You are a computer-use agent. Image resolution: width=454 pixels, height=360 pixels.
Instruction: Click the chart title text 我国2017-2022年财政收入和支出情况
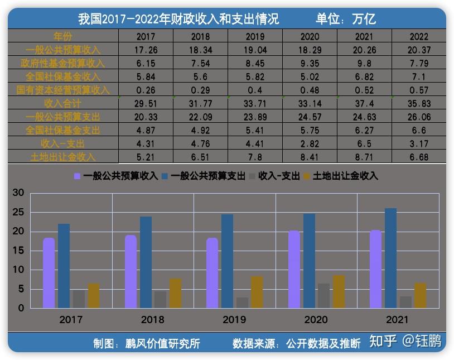(178, 18)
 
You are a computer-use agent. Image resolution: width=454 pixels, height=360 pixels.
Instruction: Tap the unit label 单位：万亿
(346, 18)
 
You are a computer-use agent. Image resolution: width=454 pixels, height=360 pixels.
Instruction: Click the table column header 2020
(310, 37)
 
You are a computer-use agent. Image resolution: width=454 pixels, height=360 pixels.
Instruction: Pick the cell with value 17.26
(146, 50)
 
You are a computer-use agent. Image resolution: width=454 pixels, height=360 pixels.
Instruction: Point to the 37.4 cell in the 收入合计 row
(364, 104)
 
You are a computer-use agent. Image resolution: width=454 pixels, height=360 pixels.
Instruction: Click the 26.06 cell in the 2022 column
(419, 117)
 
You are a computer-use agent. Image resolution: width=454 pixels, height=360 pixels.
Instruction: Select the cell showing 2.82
(310, 144)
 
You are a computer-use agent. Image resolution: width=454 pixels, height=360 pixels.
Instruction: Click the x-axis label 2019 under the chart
(234, 320)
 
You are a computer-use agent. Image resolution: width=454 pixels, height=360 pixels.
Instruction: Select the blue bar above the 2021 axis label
(391, 258)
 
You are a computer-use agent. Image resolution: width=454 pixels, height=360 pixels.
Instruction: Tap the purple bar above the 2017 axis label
(49, 273)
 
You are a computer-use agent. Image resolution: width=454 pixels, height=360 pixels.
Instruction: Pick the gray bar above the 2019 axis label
(242, 303)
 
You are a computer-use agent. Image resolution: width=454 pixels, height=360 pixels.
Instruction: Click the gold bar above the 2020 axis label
(339, 291)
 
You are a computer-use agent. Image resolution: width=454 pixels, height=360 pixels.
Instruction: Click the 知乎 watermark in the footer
(383, 341)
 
